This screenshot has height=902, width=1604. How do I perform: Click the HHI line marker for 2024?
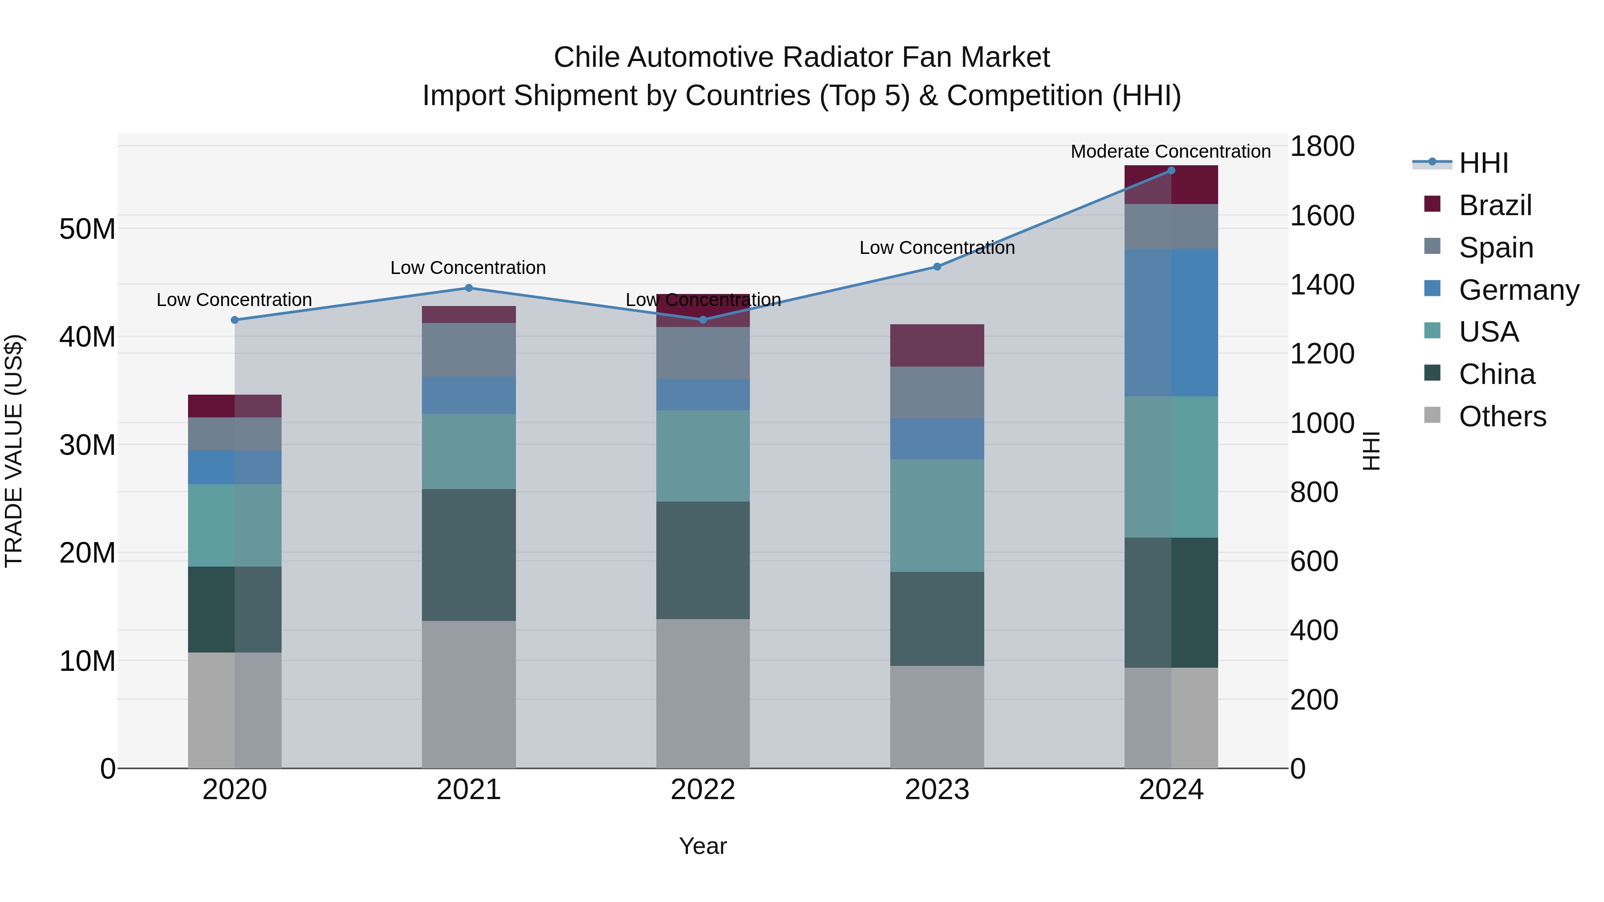click(1170, 171)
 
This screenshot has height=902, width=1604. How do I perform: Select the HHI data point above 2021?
click(469, 288)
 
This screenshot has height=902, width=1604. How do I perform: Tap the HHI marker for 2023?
click(937, 266)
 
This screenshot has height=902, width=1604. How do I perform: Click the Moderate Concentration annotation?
click(1170, 151)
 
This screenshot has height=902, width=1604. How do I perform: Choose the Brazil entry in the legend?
click(1494, 205)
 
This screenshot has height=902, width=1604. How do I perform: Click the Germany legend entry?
click(1518, 290)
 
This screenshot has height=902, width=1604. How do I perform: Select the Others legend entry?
click(1502, 416)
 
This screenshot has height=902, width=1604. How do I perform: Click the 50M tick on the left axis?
click(87, 229)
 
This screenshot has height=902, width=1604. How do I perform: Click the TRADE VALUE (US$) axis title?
click(14, 451)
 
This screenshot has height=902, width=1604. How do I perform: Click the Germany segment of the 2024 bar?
click(1170, 322)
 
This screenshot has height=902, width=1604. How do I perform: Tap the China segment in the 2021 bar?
click(469, 554)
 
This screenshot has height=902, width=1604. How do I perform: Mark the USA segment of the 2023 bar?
click(937, 515)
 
